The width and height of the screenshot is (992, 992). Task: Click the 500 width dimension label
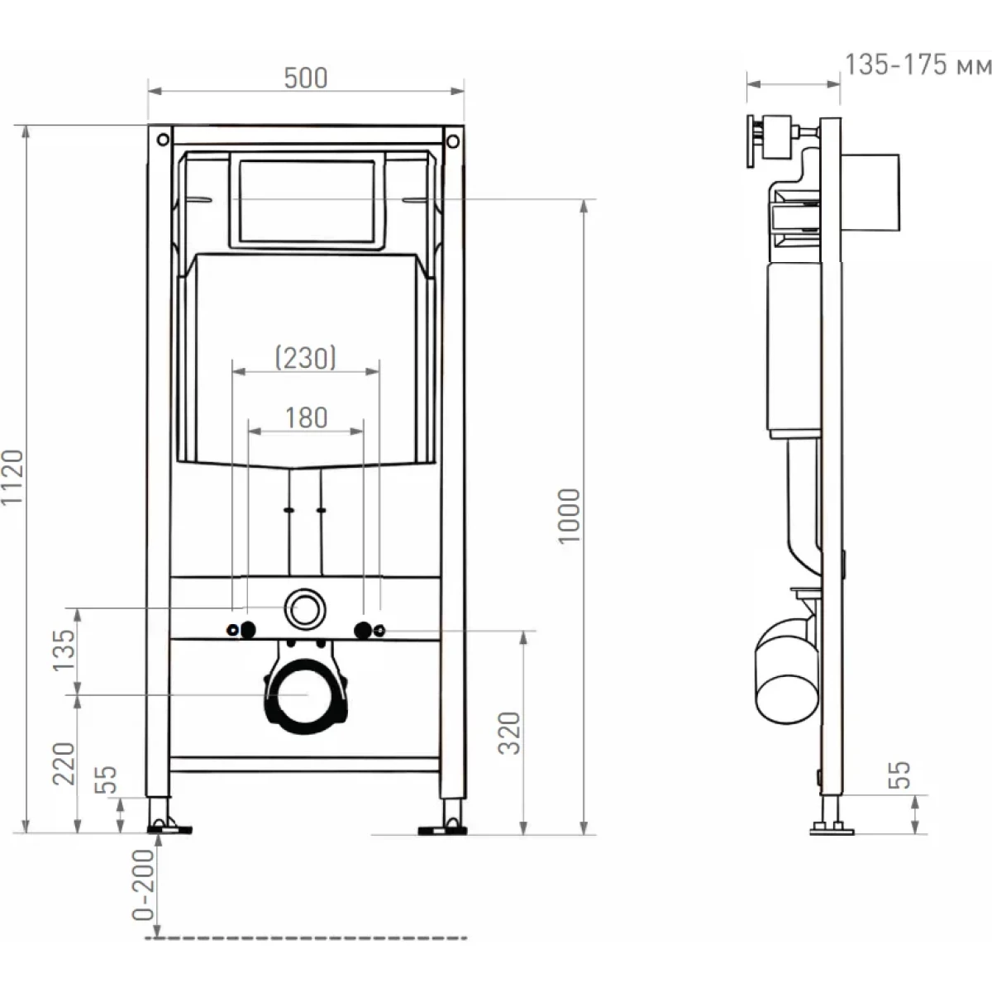305,79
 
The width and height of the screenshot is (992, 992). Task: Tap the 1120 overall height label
12,477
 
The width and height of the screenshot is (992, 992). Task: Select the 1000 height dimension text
569,516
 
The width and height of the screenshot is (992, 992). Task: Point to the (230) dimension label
306,357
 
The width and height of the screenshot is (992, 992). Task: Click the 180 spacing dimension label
307,417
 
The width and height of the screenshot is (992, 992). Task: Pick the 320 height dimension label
509,733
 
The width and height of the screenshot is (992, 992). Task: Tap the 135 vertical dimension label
64,651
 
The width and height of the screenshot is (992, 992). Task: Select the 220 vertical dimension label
64,764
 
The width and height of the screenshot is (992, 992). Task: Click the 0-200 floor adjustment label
143,885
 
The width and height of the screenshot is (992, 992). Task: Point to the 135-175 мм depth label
918,65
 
